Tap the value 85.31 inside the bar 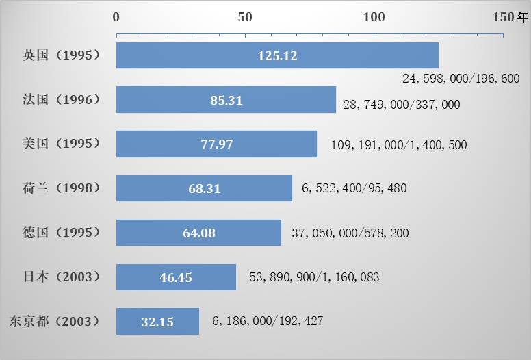tap(226, 101)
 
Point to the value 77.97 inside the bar tap(216, 144)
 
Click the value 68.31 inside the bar tap(205, 188)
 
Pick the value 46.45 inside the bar tap(176, 277)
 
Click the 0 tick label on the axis tap(116, 17)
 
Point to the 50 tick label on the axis tap(245, 17)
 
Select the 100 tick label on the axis tap(374, 17)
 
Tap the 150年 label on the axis tap(510, 17)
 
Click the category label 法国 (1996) tap(62, 100)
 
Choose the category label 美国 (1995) tap(62, 144)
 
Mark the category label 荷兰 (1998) tap(62, 188)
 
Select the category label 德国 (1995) tap(62, 233)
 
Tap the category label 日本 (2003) tap(62, 277)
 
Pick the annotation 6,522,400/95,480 tap(354, 188)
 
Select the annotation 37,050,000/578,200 tap(350, 233)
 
